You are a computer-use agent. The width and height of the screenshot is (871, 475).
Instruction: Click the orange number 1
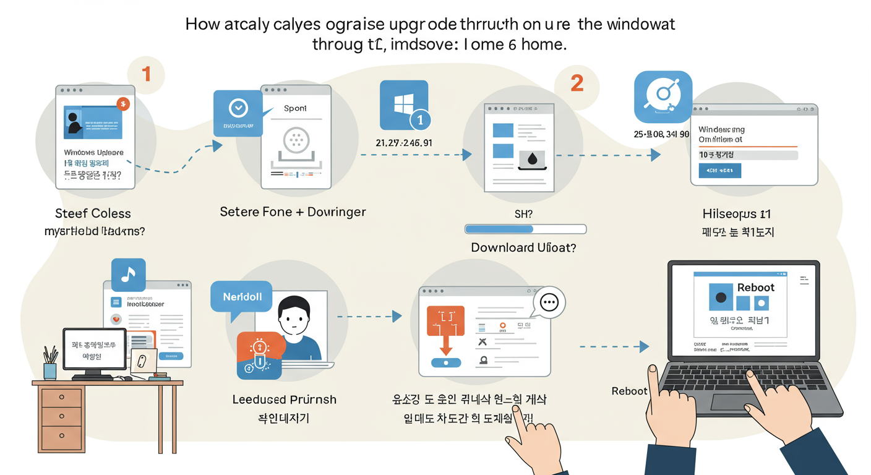pyautogui.click(x=146, y=74)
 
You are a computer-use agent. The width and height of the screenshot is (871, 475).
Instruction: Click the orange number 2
pyautogui.click(x=577, y=83)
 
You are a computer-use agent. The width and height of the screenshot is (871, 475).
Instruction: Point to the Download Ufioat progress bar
pyautogui.click(x=525, y=229)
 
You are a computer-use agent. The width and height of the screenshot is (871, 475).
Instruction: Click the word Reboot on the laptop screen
pyautogui.click(x=755, y=288)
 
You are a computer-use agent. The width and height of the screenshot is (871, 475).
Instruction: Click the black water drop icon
pyautogui.click(x=531, y=160)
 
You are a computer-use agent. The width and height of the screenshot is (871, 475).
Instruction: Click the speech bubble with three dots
pyautogui.click(x=549, y=302)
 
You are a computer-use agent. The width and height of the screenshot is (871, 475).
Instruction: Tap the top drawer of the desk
pyautogui.click(x=61, y=398)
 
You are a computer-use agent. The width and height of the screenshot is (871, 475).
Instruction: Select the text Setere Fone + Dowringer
pyautogui.click(x=293, y=212)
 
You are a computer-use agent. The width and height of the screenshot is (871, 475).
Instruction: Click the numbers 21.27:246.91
pyautogui.click(x=404, y=143)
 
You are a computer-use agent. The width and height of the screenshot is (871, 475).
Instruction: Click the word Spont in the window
pyautogui.click(x=295, y=108)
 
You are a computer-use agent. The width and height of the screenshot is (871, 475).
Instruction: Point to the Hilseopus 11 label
pyautogui.click(x=737, y=214)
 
